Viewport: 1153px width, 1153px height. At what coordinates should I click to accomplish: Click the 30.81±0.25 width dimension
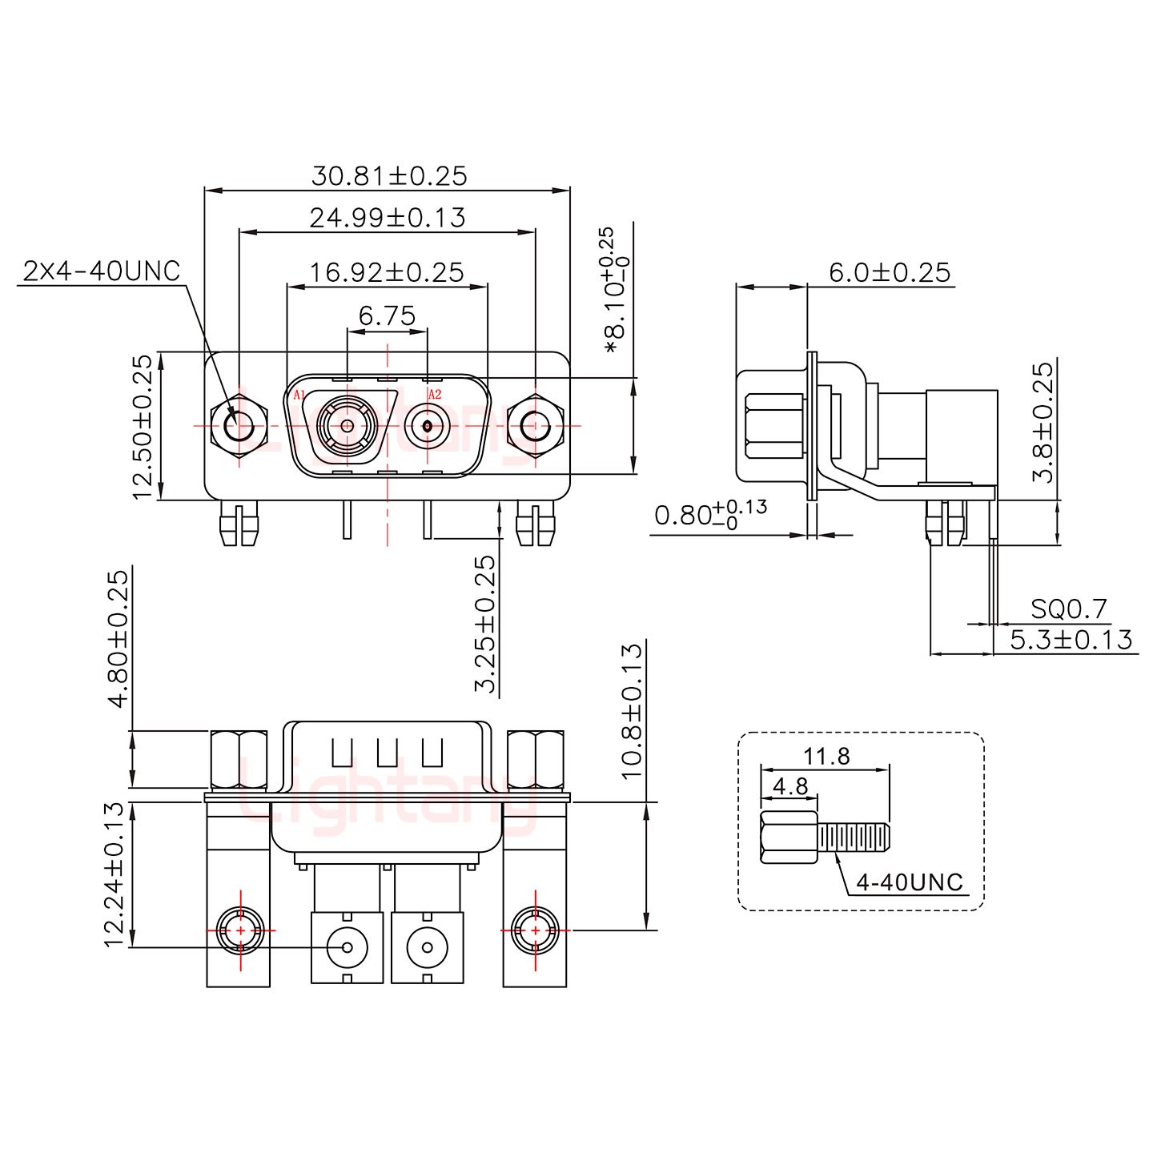tap(388, 175)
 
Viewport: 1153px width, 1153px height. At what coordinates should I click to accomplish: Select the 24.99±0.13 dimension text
tap(387, 217)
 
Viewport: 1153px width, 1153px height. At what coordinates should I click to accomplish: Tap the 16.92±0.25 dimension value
tap(387, 272)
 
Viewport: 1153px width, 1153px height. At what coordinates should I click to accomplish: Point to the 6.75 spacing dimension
tap(387, 316)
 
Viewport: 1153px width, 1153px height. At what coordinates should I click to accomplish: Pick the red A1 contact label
tap(299, 395)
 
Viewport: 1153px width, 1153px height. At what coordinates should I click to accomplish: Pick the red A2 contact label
tap(435, 395)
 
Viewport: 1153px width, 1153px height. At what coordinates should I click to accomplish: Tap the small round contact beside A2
tap(428, 426)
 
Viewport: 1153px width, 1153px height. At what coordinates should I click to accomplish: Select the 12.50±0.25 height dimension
tap(142, 427)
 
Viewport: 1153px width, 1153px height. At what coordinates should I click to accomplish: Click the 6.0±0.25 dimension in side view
tap(889, 272)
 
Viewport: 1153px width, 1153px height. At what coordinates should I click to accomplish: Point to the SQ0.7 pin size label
tap(1068, 610)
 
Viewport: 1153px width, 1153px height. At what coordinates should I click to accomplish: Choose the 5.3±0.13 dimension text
tap(1071, 639)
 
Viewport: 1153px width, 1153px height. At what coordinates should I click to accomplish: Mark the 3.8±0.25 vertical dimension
tap(1043, 422)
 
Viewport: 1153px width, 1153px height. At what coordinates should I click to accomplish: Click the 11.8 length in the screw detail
tap(827, 755)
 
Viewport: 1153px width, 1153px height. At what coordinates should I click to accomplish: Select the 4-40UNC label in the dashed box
tap(910, 882)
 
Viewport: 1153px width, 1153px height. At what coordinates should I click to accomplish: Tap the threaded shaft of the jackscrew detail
tap(854, 838)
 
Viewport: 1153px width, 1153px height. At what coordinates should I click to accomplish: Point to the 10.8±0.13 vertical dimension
tap(631, 710)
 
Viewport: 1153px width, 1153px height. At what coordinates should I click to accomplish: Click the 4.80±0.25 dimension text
tap(117, 638)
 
